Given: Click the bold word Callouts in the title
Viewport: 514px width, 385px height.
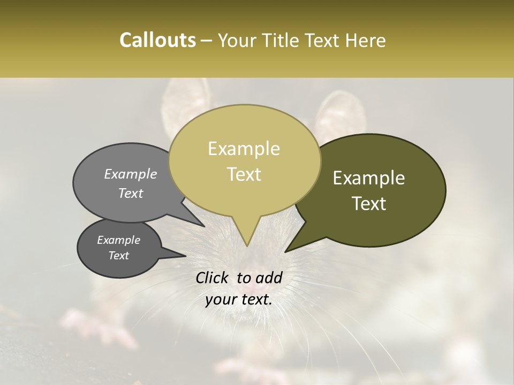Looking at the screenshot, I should pyautogui.click(x=157, y=40).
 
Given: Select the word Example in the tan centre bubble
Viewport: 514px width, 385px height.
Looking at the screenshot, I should pyautogui.click(x=244, y=149).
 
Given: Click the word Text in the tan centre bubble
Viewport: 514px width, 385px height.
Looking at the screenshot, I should pyautogui.click(x=244, y=174).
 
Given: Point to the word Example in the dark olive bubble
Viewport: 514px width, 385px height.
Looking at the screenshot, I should pyautogui.click(x=369, y=178).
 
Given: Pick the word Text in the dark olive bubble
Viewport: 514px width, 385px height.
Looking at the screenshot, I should pyautogui.click(x=369, y=203).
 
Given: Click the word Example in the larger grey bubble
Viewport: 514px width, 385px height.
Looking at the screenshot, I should pyautogui.click(x=130, y=174).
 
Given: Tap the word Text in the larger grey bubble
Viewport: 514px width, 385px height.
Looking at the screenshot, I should pyautogui.click(x=130, y=193).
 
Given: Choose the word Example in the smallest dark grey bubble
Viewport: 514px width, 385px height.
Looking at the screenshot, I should pyautogui.click(x=118, y=240).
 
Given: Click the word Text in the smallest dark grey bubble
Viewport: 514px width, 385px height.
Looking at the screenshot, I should pyautogui.click(x=118, y=256).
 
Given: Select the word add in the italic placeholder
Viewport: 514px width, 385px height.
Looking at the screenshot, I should pyautogui.click(x=269, y=278).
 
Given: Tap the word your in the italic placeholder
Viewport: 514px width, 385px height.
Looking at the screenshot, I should pyautogui.click(x=221, y=300).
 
